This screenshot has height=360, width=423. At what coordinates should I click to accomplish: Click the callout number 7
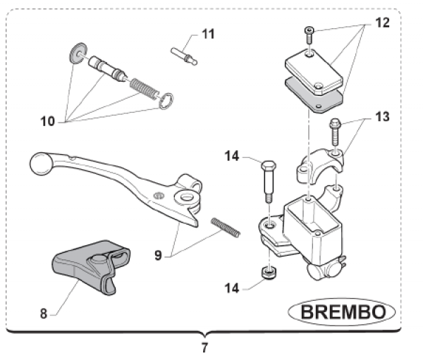(204, 347)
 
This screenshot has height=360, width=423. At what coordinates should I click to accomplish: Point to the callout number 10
(47, 120)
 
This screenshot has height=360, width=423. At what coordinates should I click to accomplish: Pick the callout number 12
(381, 23)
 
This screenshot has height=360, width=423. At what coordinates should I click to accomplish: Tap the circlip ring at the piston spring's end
(167, 101)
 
